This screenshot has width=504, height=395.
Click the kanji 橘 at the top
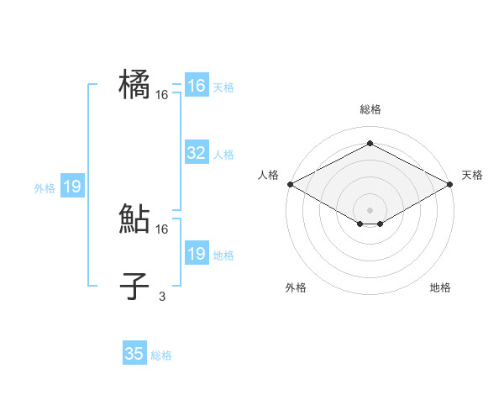135,85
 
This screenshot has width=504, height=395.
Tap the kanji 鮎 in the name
135,219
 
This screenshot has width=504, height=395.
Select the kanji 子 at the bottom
135,286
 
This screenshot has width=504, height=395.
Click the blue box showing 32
196,153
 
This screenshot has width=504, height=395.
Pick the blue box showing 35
134,354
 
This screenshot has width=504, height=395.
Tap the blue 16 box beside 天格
196,86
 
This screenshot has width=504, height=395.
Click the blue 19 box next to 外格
72,187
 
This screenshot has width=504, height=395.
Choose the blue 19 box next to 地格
196,254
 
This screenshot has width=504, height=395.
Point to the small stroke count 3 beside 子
162,296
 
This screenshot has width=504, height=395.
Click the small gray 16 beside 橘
162,95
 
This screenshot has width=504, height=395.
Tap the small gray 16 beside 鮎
162,229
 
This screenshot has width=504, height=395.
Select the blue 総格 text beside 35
161,355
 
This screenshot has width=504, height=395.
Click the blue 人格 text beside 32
223,155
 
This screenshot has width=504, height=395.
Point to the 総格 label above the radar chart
370,109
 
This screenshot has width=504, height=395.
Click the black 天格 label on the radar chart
472,175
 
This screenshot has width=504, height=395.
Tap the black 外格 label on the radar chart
296,287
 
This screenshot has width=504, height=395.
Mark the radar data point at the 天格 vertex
451,183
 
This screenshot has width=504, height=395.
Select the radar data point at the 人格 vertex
289,183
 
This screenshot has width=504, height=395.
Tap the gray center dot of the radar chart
370,209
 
